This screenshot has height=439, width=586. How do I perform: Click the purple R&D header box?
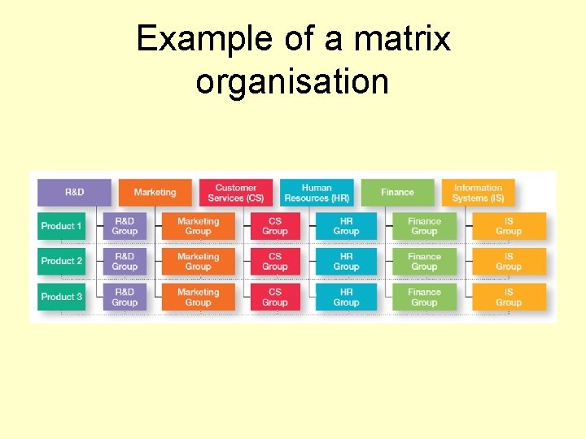(74, 192)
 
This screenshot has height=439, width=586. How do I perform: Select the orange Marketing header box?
(155, 192)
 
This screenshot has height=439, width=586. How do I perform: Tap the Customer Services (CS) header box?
(236, 192)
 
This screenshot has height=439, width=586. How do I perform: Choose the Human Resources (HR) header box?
(317, 192)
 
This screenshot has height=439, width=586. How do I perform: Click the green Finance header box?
(397, 192)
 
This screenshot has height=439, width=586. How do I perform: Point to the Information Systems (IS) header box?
(478, 192)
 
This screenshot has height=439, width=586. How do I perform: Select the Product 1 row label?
(61, 226)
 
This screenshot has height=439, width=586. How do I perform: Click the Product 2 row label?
(61, 261)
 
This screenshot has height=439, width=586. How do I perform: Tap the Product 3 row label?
(61, 297)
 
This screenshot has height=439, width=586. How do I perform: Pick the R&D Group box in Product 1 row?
(125, 226)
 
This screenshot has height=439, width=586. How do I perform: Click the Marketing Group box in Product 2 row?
(198, 261)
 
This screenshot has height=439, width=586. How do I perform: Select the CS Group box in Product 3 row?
(275, 297)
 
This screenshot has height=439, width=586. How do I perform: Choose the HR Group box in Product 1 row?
(346, 226)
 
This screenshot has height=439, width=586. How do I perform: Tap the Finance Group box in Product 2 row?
(424, 261)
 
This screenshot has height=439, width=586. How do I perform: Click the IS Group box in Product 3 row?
(509, 297)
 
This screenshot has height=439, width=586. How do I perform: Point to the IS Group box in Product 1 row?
(509, 226)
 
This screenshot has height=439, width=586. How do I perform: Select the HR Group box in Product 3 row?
(346, 297)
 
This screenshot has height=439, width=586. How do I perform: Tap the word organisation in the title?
(292, 81)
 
